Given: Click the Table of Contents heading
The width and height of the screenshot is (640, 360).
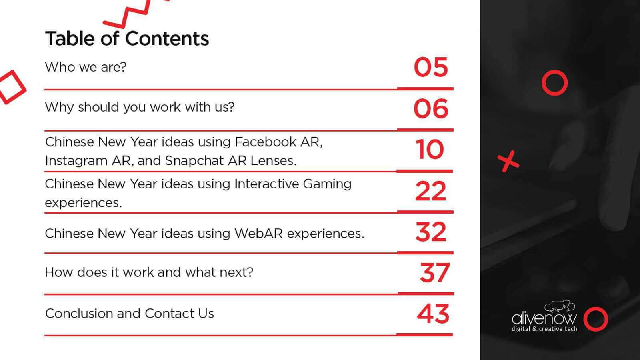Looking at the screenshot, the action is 127,38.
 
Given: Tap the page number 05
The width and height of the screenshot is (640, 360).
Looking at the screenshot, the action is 430,67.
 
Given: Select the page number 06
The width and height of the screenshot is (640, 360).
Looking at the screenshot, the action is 430,108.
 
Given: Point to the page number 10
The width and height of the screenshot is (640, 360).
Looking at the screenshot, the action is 430,149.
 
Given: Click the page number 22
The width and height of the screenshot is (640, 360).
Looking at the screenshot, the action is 430,191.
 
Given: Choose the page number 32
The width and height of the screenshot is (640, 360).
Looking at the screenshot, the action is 430,232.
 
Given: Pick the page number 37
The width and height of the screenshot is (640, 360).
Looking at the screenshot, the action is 434,272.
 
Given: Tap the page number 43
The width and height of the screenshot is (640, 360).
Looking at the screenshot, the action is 433,314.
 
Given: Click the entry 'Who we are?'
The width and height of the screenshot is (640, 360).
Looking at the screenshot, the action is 86,67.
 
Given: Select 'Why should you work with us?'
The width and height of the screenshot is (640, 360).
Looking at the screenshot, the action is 140,108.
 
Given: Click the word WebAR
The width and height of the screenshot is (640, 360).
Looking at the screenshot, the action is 258,234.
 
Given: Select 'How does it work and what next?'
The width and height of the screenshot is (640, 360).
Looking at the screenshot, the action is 149,272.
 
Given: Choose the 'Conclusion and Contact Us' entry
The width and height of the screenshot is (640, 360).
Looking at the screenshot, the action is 130,313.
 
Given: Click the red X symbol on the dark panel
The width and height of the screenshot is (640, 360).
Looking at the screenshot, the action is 508,162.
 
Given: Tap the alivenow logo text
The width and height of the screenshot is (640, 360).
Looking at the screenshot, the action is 544,318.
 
